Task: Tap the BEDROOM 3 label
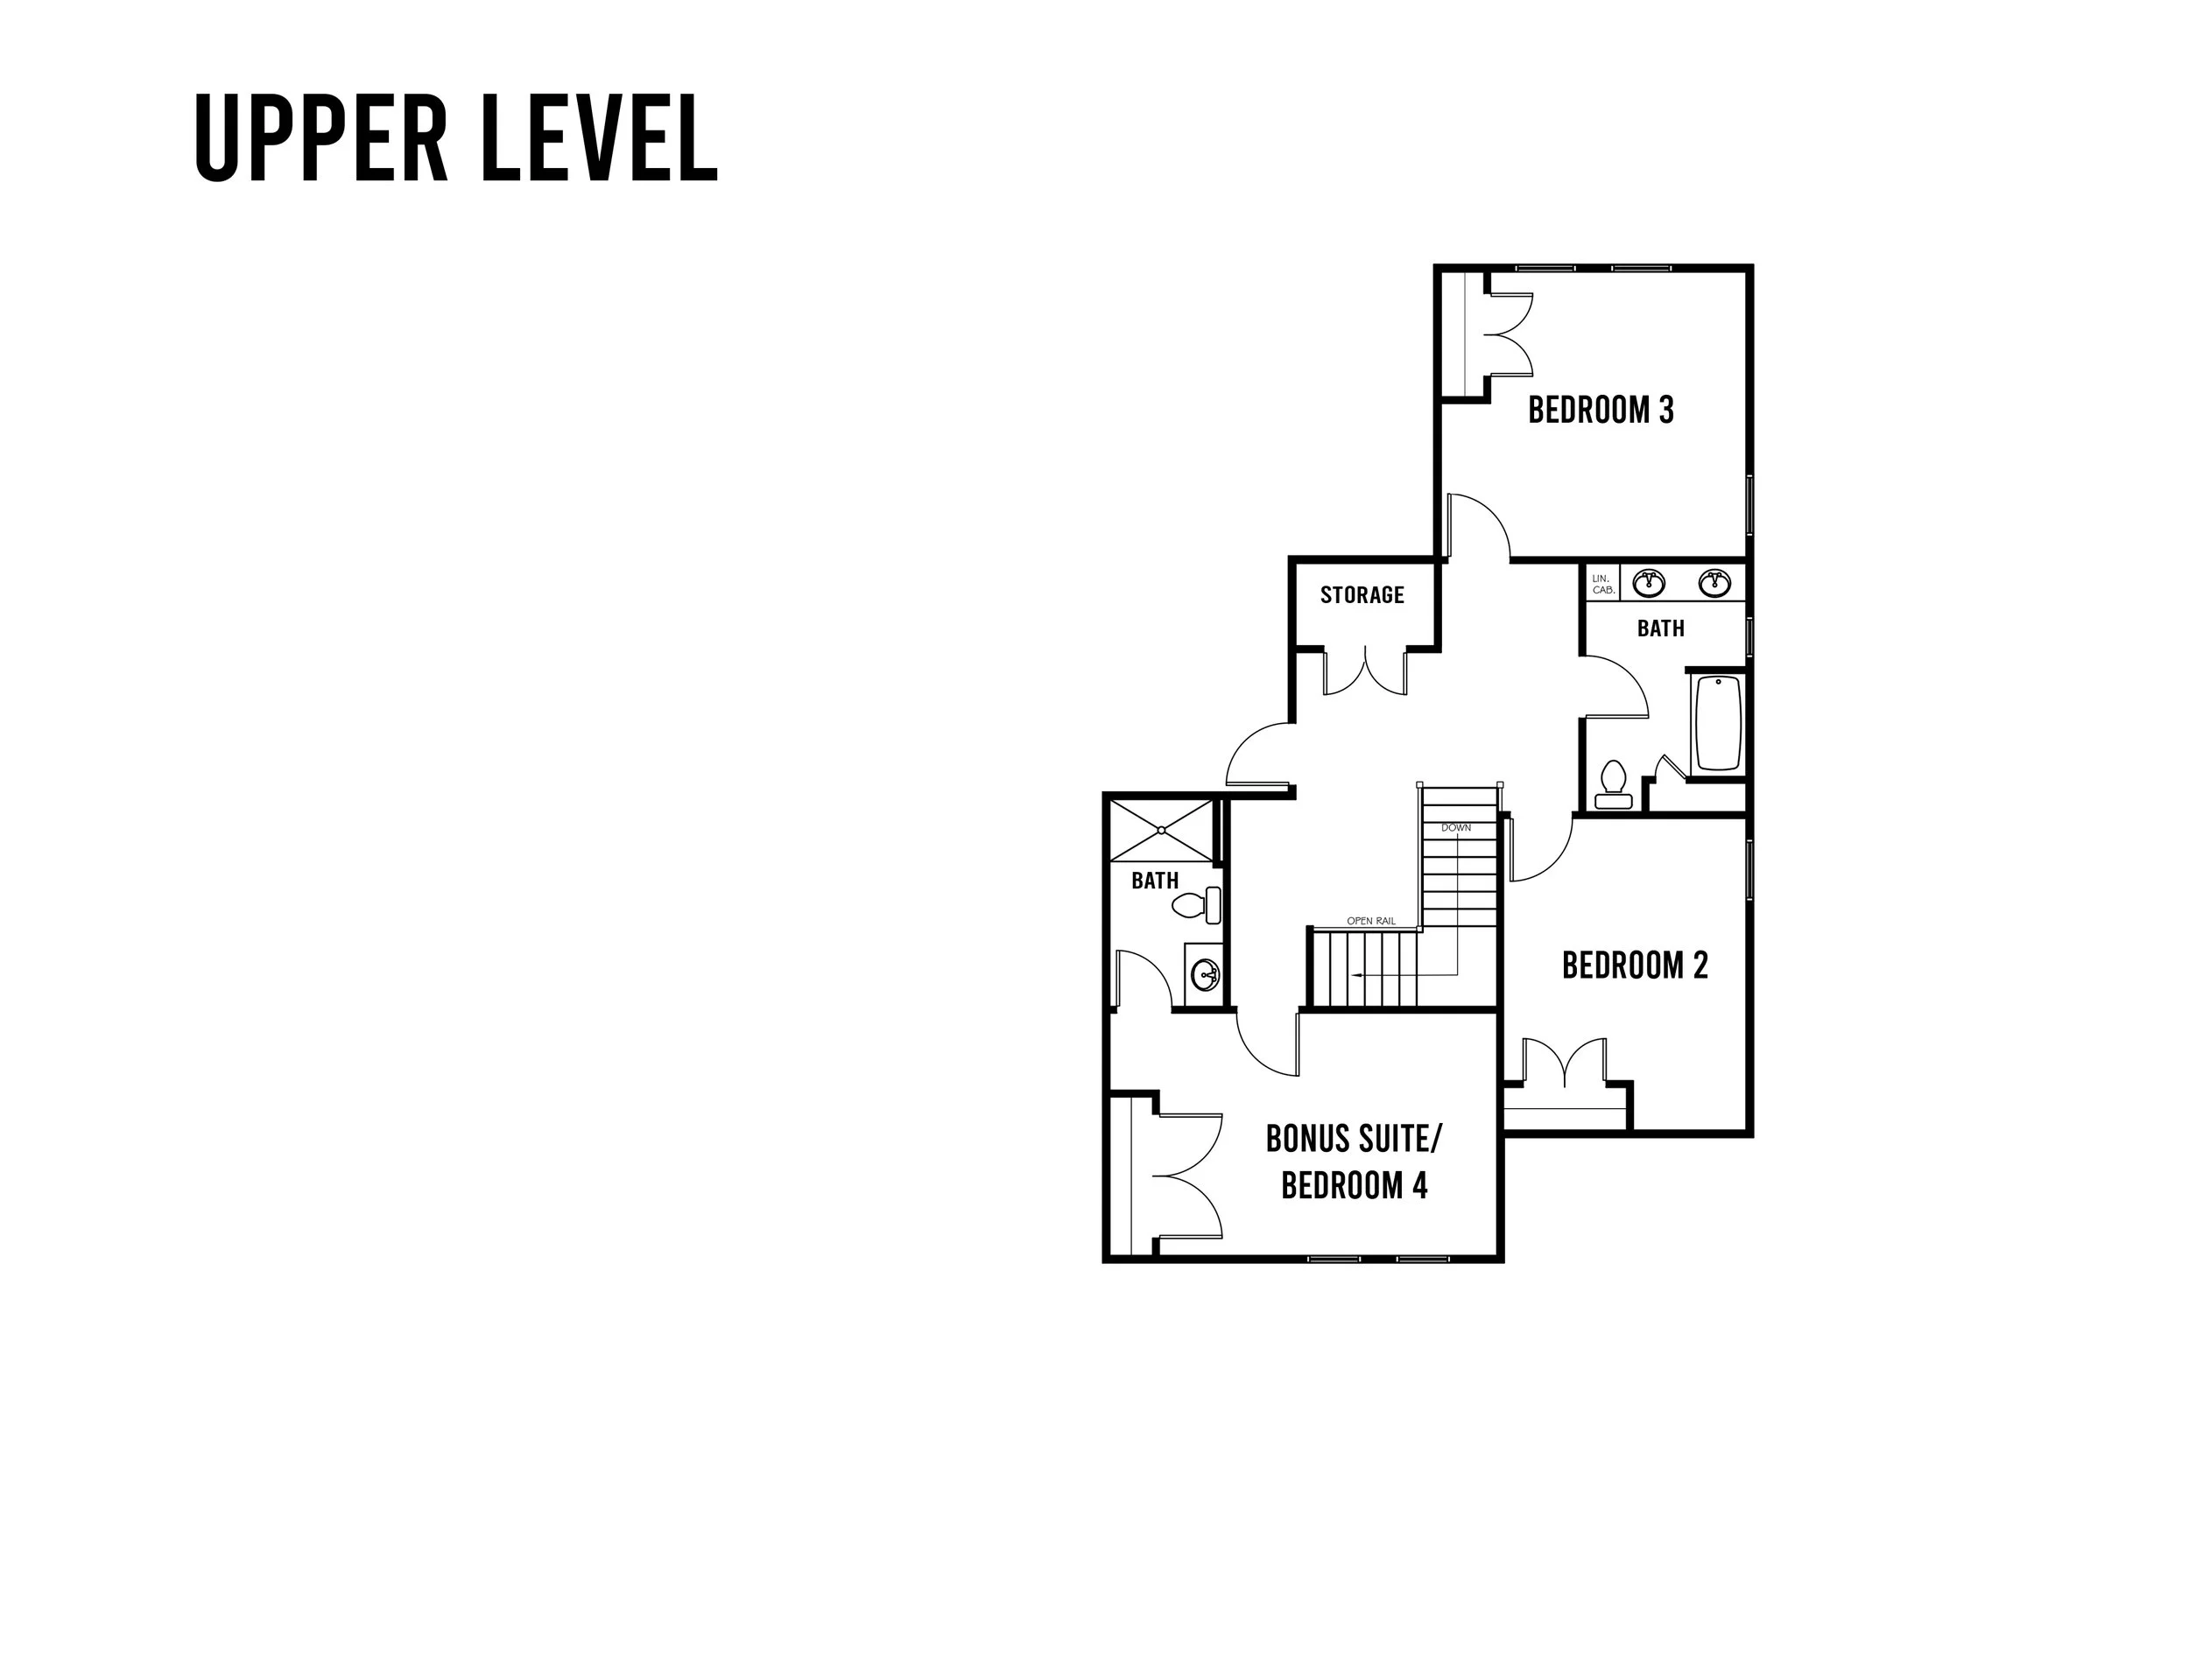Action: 1601,411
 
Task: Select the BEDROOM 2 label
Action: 1635,965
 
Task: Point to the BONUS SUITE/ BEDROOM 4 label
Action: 1354,1162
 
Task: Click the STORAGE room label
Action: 1362,595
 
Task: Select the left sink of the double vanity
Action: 1648,581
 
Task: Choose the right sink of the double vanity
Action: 1715,581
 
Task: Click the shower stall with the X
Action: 1161,830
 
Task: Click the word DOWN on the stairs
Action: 1455,828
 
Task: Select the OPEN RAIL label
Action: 1370,921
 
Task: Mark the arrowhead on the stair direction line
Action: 1354,974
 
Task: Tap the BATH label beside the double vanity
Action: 1660,629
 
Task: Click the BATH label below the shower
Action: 1155,881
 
